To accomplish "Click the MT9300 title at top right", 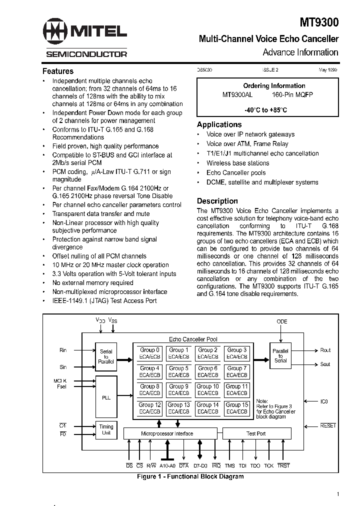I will (319, 22).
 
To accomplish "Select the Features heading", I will (58, 71).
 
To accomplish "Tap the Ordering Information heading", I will (274, 85).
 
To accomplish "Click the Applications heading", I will (219, 124).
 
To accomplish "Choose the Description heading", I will (217, 201).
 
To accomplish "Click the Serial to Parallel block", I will (106, 356).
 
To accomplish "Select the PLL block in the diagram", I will (106, 397).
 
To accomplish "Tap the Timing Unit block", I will (106, 430).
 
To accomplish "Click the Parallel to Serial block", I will (280, 355).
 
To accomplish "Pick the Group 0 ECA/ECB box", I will (150, 353).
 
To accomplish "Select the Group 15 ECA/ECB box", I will (237, 408).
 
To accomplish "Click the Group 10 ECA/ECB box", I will (207, 389).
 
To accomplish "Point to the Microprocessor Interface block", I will (167, 433).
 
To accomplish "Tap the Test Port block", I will (256, 433).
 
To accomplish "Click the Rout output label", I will (325, 350).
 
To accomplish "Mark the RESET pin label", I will (328, 425).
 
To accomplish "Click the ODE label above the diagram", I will (282, 321).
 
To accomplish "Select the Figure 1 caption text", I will (190, 476).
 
